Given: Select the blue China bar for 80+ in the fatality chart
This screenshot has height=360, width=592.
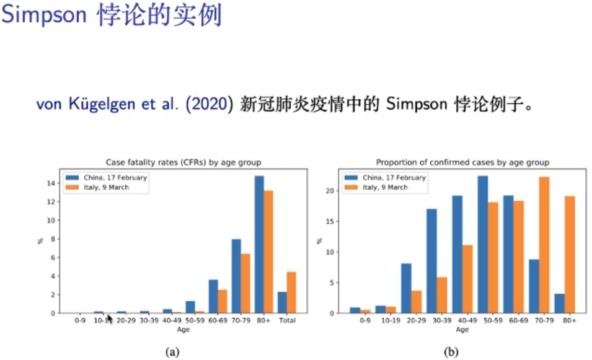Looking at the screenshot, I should [x=259, y=244].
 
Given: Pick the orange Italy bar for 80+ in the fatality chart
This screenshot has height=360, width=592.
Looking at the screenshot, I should [x=268, y=252].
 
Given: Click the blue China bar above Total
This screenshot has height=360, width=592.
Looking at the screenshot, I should [x=282, y=302].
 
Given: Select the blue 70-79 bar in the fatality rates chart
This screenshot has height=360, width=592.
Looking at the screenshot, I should [x=236, y=276].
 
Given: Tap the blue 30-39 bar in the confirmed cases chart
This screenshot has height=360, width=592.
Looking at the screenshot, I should [x=431, y=261].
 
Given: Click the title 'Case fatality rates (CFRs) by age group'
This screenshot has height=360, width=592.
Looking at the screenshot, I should [x=183, y=162].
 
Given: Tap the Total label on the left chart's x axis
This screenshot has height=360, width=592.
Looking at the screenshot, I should [x=287, y=321].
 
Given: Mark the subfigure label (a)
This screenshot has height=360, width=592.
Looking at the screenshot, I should [x=172, y=351].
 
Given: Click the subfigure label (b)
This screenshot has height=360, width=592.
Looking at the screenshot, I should [x=451, y=351].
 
